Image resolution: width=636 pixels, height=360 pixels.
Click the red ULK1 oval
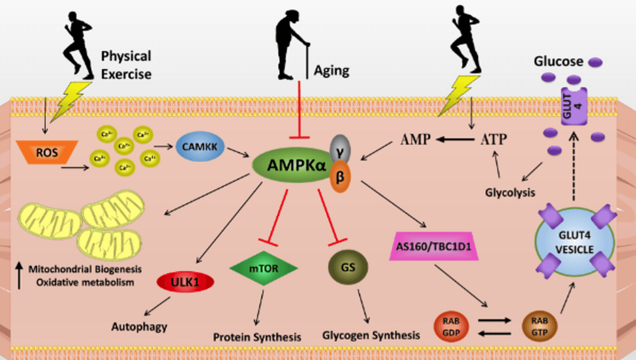185,282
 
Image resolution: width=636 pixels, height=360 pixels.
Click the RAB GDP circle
447,326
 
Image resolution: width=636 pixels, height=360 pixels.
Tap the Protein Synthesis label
257,337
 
